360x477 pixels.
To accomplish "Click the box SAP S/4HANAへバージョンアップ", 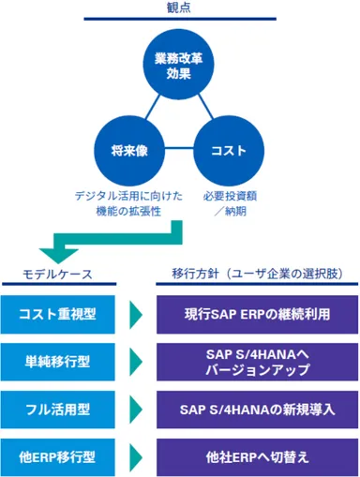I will pyautogui.click(x=256, y=362).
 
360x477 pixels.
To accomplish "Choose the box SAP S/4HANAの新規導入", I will pyautogui.click(x=256, y=410).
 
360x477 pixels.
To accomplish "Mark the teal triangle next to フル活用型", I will pyautogui.click(x=137, y=410).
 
